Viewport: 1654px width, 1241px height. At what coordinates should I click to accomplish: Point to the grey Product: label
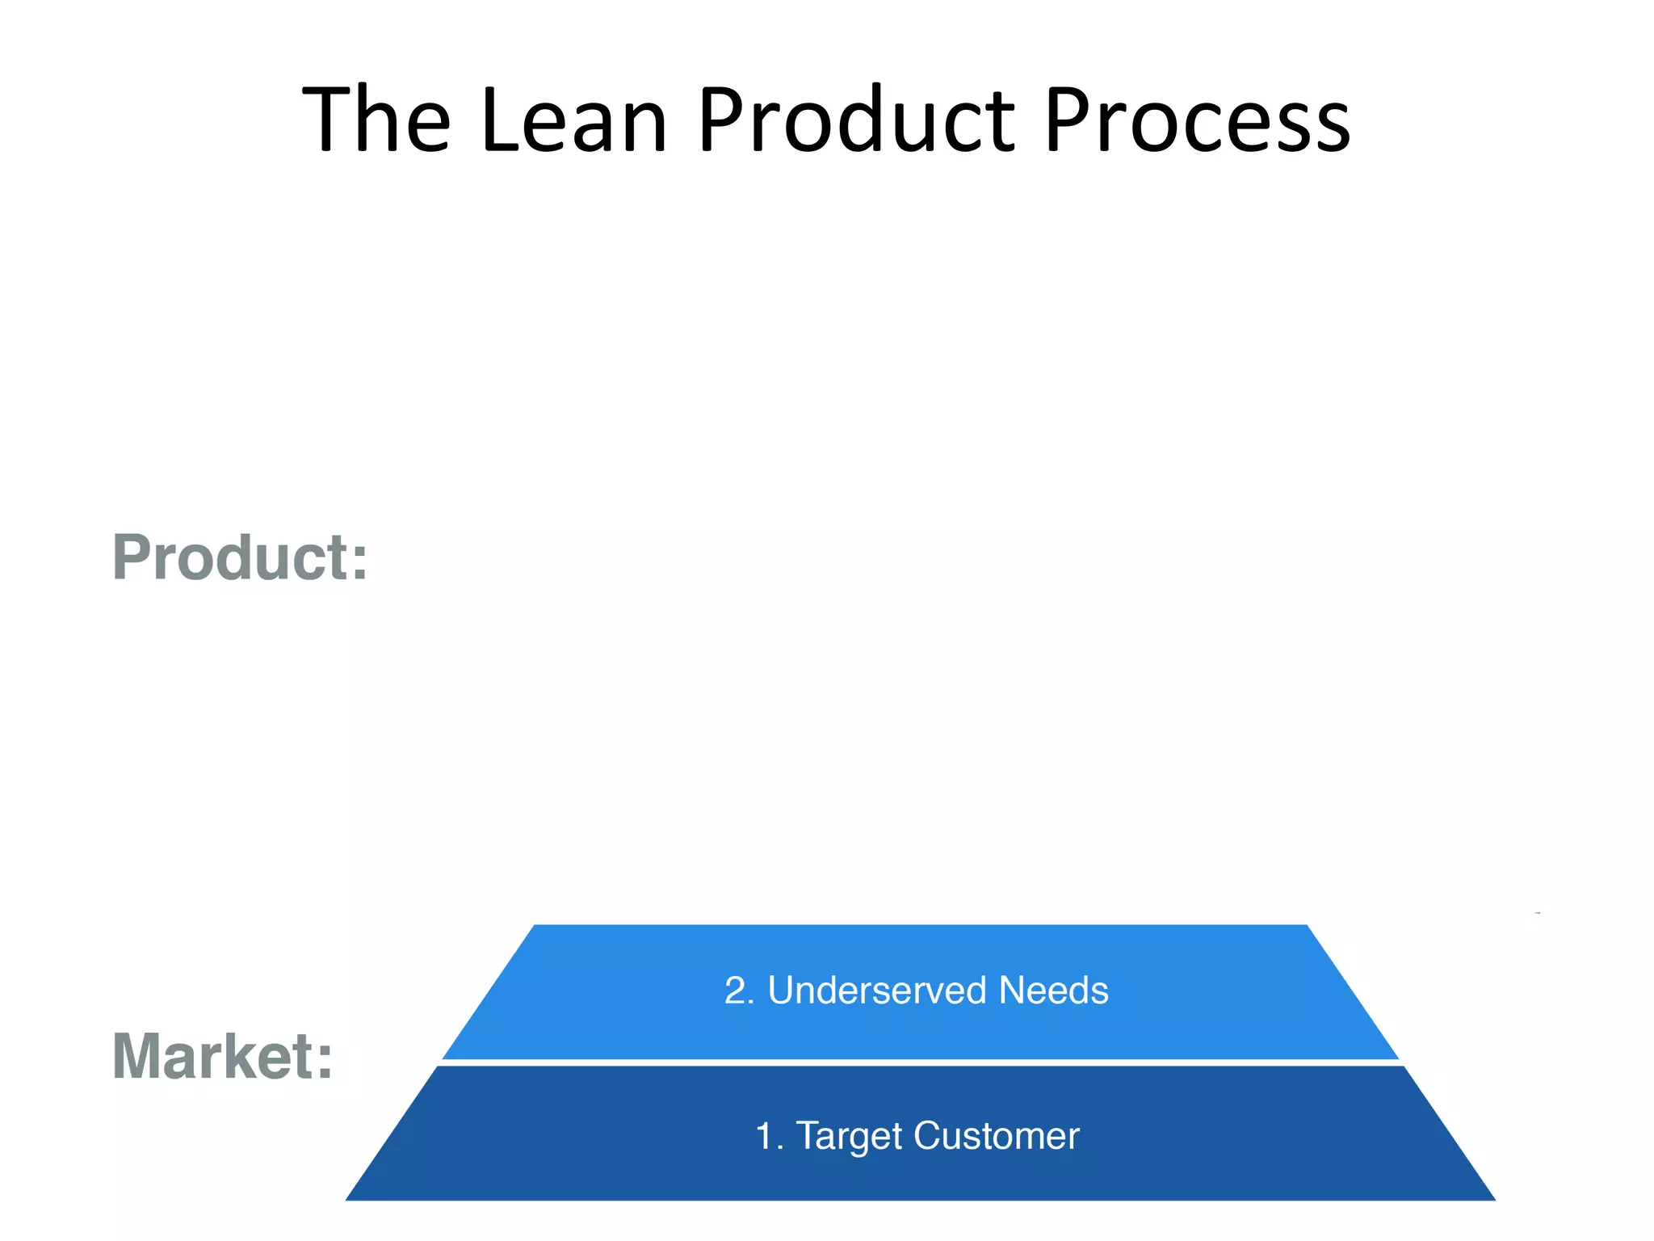point(240,557)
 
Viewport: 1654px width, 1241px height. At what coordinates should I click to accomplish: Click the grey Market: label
point(222,1056)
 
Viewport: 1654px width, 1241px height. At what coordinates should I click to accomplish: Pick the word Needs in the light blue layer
point(1053,991)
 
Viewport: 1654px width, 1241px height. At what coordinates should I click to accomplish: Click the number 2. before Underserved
point(738,991)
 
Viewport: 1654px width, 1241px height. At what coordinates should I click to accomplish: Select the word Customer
point(997,1136)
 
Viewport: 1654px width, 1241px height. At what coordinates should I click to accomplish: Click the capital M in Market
point(137,1056)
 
